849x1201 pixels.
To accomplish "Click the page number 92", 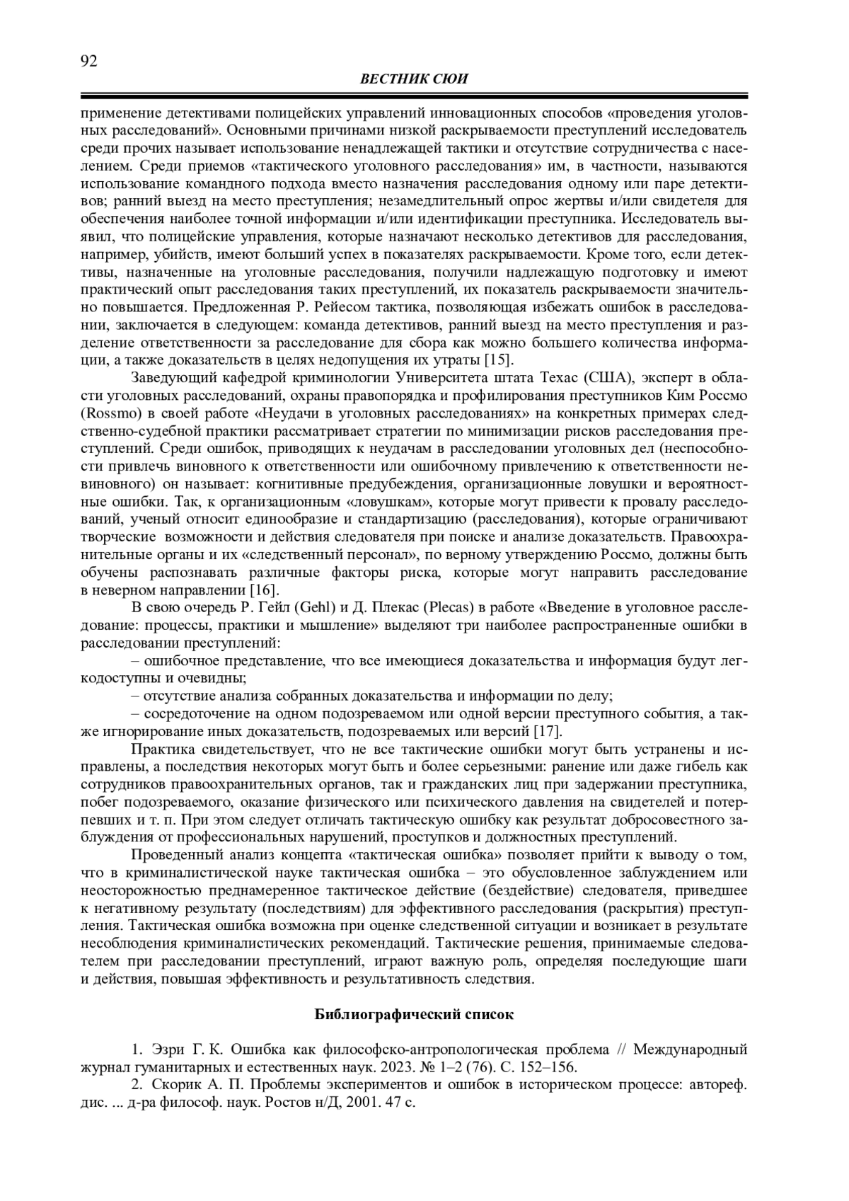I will (88, 61).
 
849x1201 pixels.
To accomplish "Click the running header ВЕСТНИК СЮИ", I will (414, 79).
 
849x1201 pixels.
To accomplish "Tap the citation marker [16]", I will (265, 589).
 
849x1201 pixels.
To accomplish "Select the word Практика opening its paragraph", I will (163, 749).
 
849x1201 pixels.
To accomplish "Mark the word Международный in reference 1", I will (690, 1049).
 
